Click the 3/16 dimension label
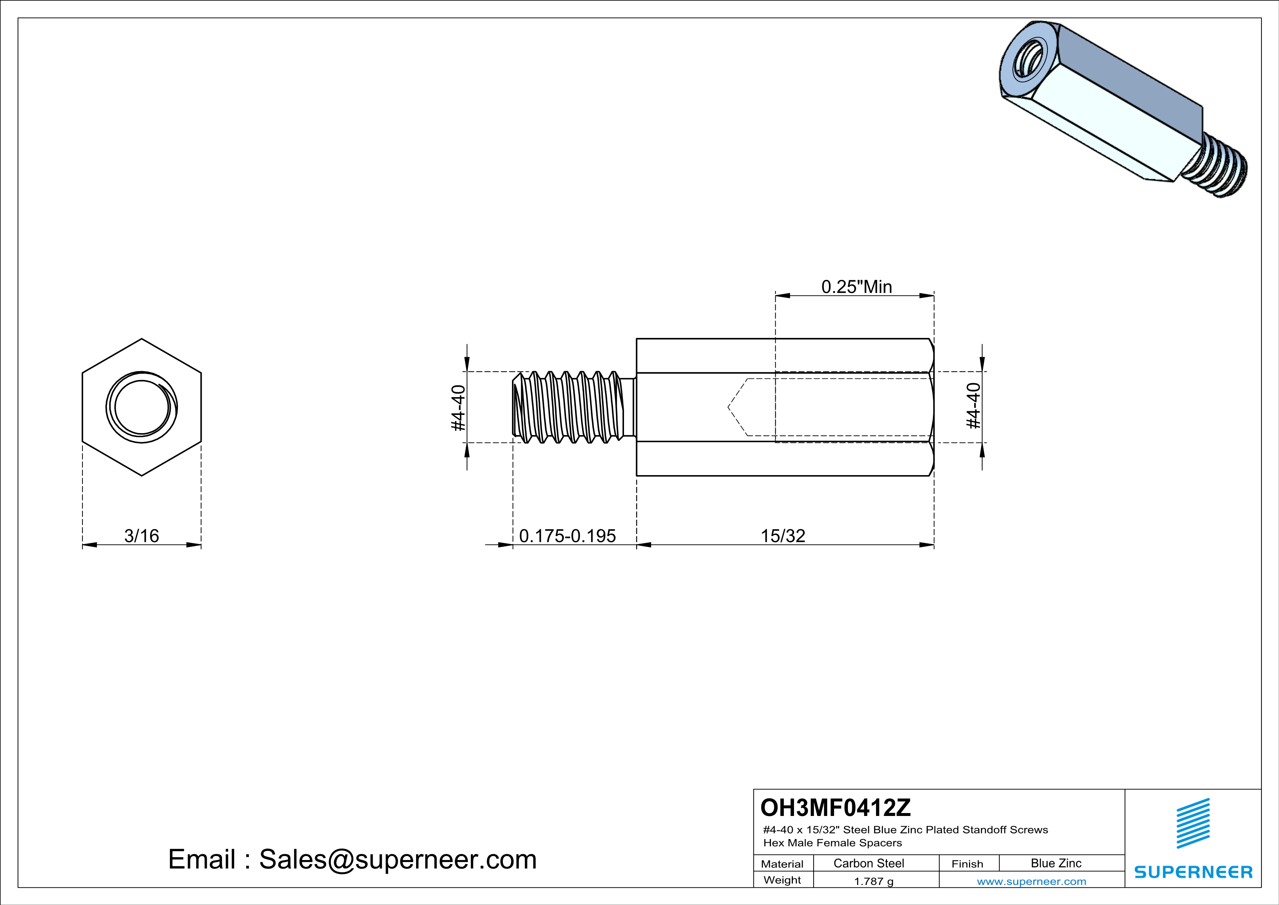click(x=142, y=536)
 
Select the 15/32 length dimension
click(x=783, y=536)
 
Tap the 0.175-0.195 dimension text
click(x=567, y=536)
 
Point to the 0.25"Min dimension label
click(x=856, y=286)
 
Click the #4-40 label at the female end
click(x=973, y=406)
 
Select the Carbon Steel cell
click(x=868, y=863)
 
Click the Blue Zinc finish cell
click(x=1055, y=863)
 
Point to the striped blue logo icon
click(x=1193, y=823)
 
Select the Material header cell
click(x=782, y=864)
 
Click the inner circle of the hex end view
click(x=142, y=407)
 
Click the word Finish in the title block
click(x=967, y=864)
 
